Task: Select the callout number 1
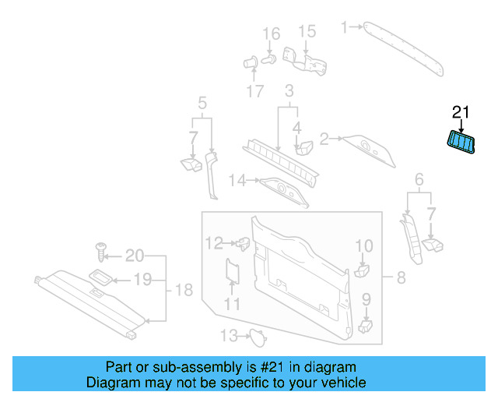tap(345, 27)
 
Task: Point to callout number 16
tap(270, 34)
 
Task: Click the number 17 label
tap(255, 91)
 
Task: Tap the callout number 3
tap(288, 90)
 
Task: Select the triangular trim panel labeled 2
tap(368, 147)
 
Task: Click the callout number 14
tap(237, 181)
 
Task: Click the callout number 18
tap(182, 290)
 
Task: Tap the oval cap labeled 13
tap(256, 337)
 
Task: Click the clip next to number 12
tap(243, 243)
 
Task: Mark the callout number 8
tap(401, 277)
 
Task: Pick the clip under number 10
tap(363, 270)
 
